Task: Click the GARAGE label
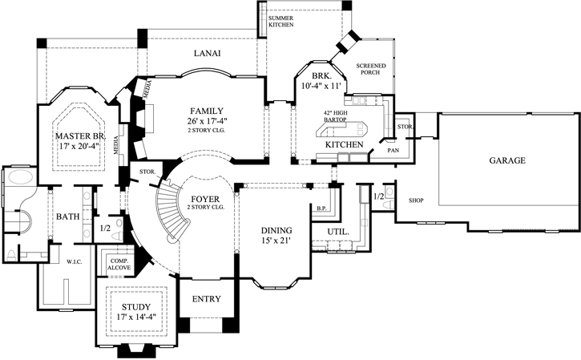507,160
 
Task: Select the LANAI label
207,54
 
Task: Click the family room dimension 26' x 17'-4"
207,122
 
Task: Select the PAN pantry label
393,149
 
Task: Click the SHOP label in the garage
415,200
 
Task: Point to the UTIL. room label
336,232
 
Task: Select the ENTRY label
205,298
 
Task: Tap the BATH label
67,216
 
